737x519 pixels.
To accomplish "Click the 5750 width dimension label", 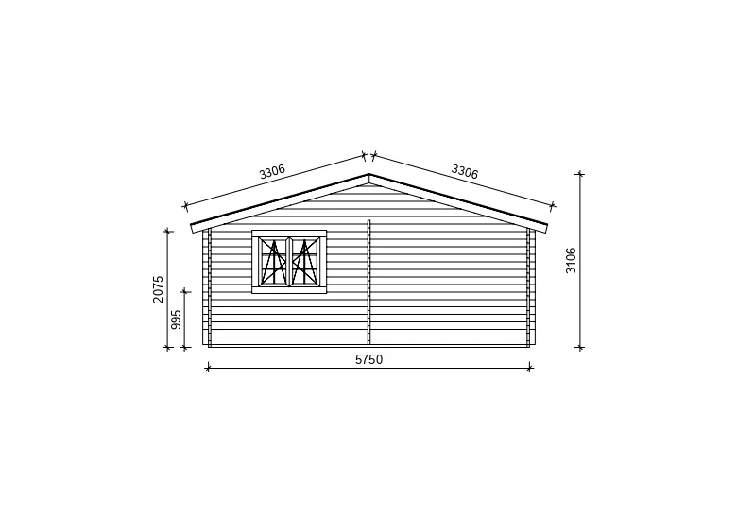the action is (x=368, y=359).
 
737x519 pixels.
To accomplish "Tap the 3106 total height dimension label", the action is (x=571, y=260).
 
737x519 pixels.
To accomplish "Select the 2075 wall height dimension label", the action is (x=158, y=289).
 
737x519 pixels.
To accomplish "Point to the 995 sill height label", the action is (x=176, y=320).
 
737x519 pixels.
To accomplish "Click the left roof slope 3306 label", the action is (x=272, y=171).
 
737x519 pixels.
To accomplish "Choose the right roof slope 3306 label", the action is (x=464, y=171).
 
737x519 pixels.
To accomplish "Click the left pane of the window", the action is (x=274, y=261).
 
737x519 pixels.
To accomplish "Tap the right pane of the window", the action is (x=305, y=261).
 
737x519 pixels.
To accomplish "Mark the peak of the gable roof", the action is (x=368, y=174).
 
